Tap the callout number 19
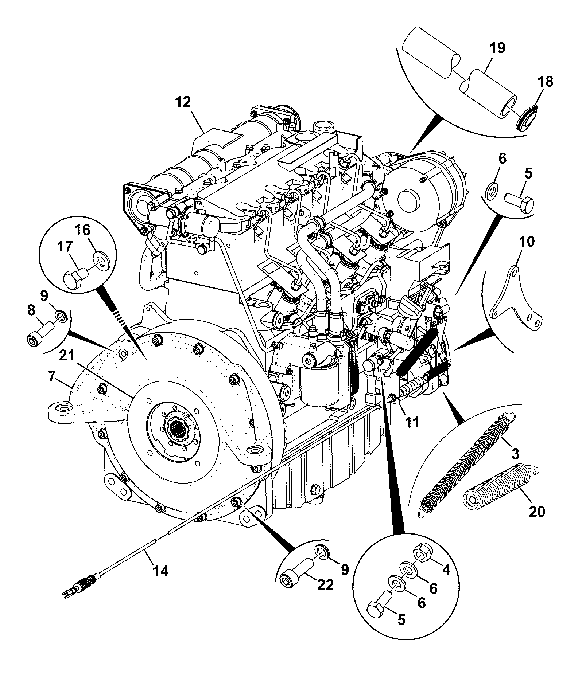[498, 48]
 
